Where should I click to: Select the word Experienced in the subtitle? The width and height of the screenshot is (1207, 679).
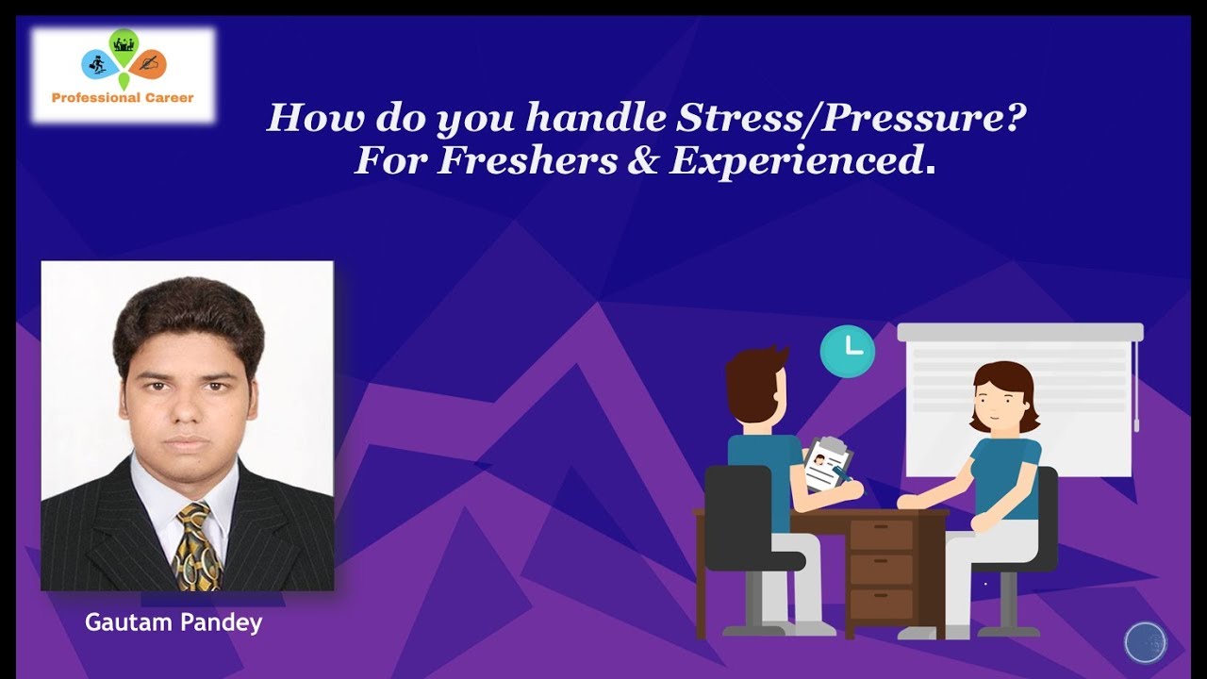coord(796,161)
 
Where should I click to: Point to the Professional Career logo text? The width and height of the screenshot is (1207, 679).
coord(123,97)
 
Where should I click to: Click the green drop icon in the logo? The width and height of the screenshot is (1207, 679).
coord(123,43)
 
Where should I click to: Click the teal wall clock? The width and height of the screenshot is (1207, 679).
coord(847,351)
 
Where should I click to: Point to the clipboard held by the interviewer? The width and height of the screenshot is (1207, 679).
coord(826,464)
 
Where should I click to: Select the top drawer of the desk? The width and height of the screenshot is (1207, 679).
coord(881,535)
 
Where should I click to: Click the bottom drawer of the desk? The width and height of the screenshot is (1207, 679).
coord(881,603)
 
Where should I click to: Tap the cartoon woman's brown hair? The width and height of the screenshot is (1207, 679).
coord(1003,382)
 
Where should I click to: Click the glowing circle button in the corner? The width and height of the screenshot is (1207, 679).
coord(1146,643)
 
